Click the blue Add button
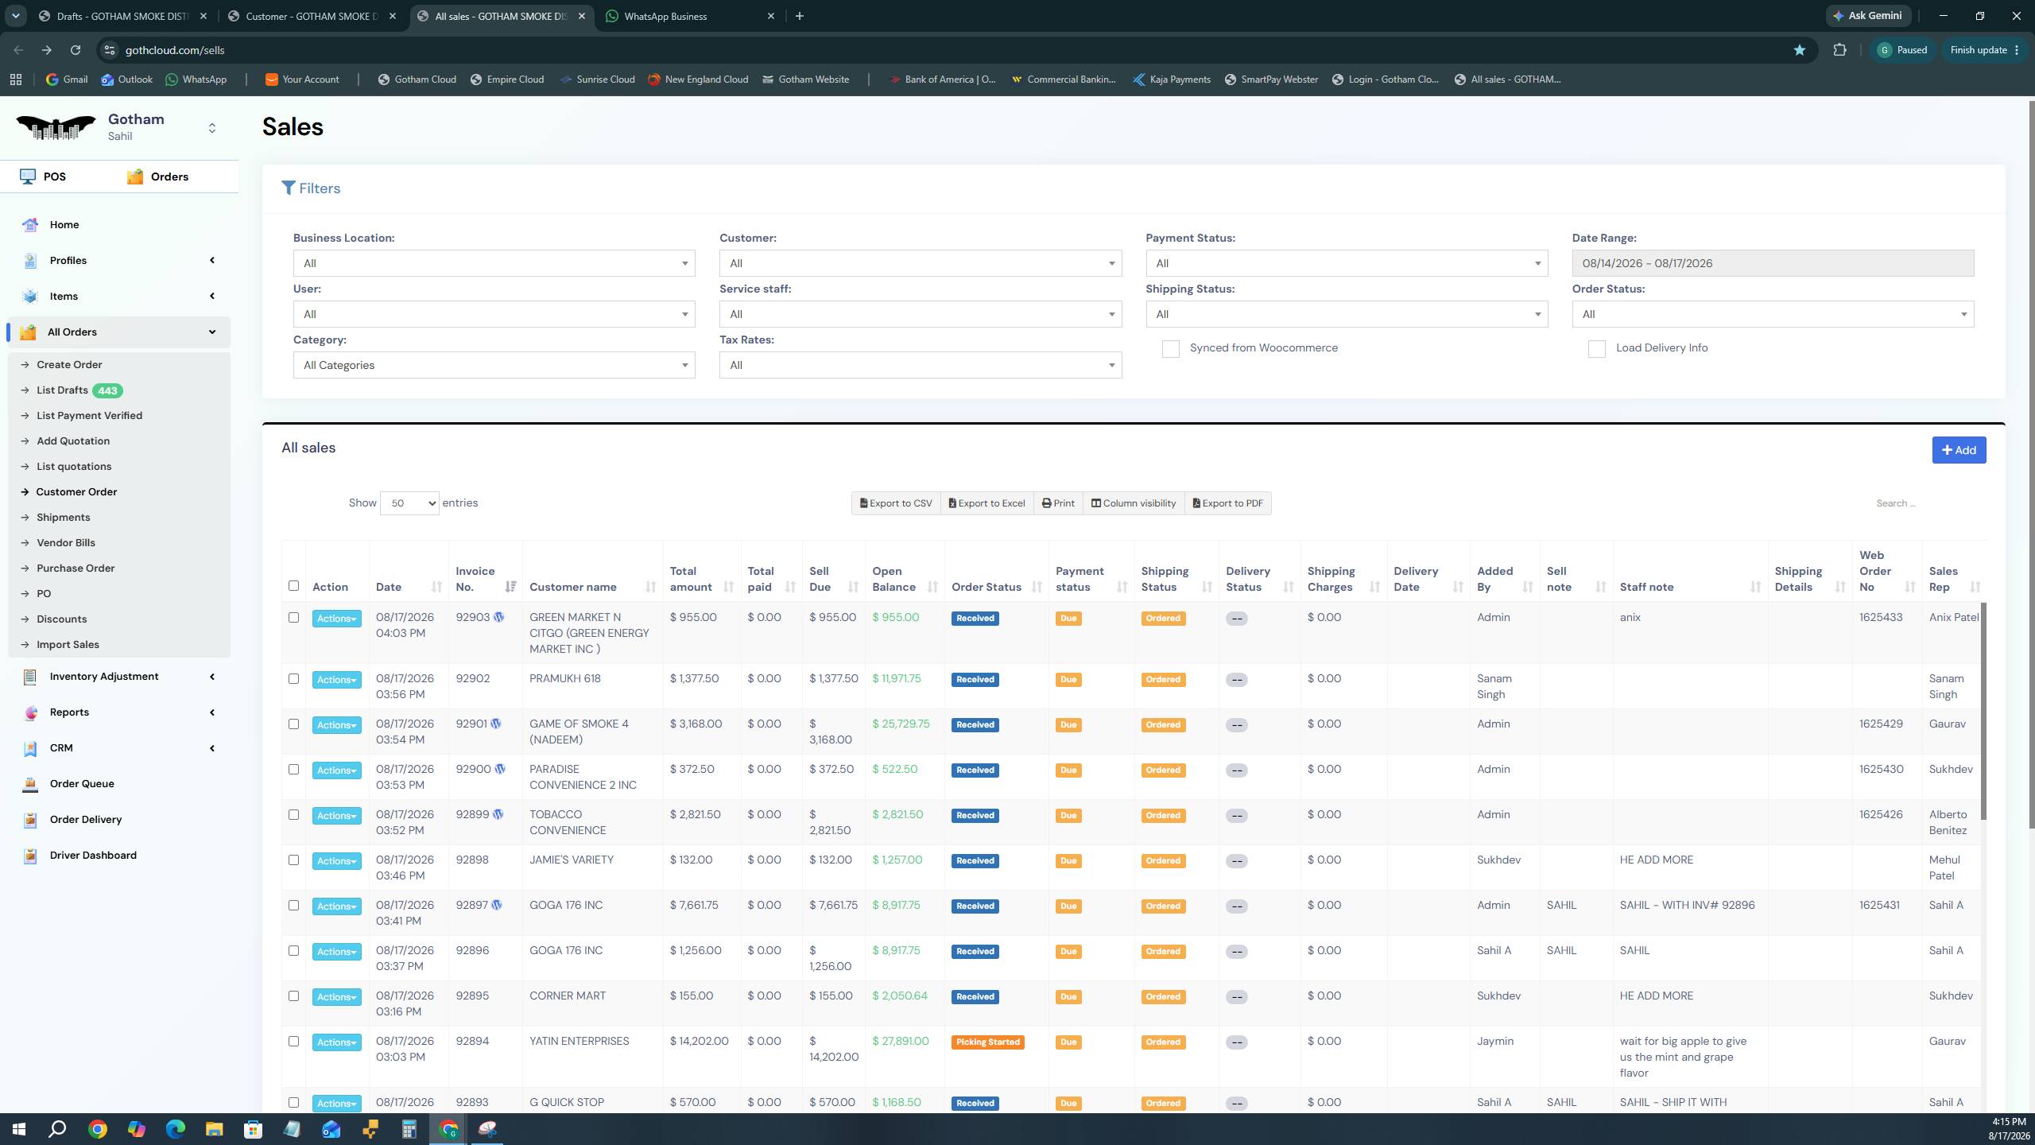tap(1959, 450)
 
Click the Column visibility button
tap(1134, 503)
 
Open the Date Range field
tap(1773, 263)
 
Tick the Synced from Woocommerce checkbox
tap(1171, 349)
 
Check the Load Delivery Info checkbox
tap(1597, 349)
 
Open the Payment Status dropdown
tap(1347, 263)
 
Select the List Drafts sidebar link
tap(62, 390)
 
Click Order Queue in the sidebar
tap(82, 784)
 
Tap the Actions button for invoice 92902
tap(337, 680)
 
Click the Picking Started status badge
tap(988, 1042)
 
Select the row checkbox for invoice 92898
tap(293, 860)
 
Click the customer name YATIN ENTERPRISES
tap(579, 1042)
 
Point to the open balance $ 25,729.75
tap(901, 724)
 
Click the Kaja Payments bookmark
tap(1172, 80)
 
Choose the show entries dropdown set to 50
tap(409, 503)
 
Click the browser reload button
tap(76, 50)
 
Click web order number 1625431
tap(1879, 906)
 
